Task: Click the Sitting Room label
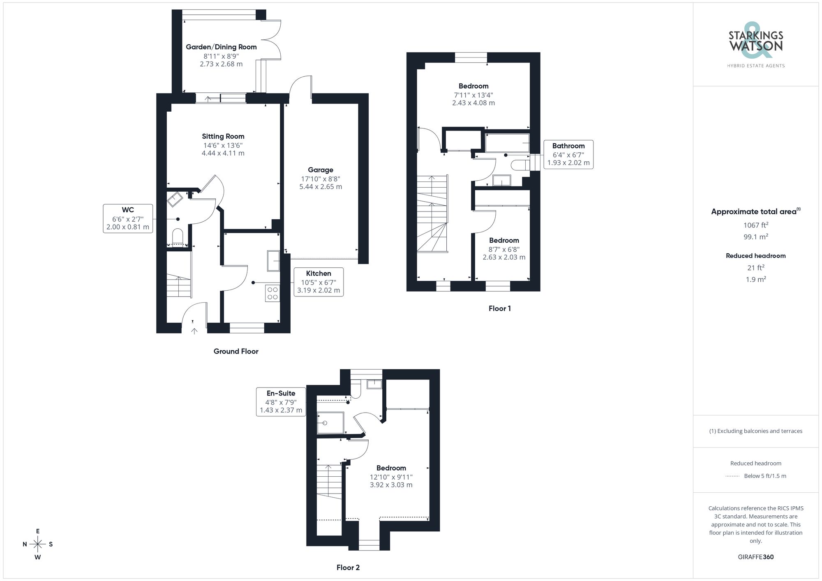click(x=223, y=136)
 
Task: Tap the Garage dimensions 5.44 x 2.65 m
click(x=321, y=186)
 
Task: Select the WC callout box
click(x=128, y=218)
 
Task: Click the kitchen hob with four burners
click(x=272, y=293)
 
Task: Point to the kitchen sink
click(x=273, y=261)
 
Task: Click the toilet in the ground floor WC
click(x=178, y=237)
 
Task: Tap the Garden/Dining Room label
click(x=221, y=47)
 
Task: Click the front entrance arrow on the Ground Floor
click(x=194, y=331)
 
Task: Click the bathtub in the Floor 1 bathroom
click(x=507, y=143)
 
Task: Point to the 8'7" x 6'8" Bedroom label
click(x=504, y=248)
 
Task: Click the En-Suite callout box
click(x=281, y=402)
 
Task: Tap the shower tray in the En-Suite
click(x=330, y=423)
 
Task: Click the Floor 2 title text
click(x=348, y=567)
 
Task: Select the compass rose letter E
click(x=38, y=531)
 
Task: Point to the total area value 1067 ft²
click(x=755, y=225)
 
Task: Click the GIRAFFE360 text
click(x=755, y=557)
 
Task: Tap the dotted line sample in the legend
click(x=732, y=476)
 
